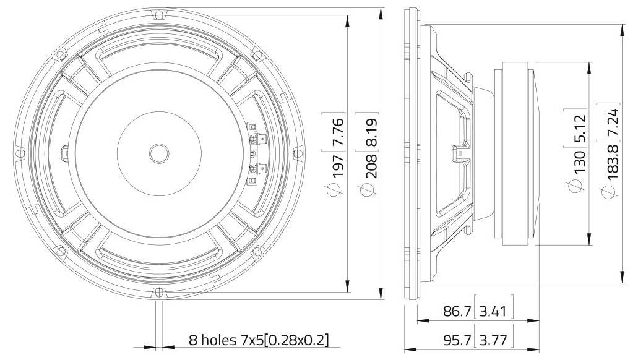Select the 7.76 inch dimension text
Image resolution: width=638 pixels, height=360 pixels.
click(x=338, y=132)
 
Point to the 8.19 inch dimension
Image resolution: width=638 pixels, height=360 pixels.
click(x=371, y=132)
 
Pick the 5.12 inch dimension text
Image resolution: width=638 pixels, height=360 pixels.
click(x=579, y=129)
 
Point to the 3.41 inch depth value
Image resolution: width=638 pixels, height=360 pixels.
click(x=493, y=312)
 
